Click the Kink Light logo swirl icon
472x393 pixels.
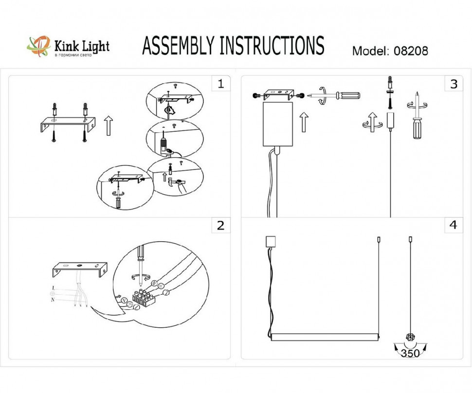pyautogui.click(x=38, y=46)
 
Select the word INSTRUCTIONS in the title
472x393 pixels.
pyautogui.click(x=272, y=46)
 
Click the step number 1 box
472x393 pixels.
pyautogui.click(x=220, y=84)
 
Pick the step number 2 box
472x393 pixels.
pyautogui.click(x=220, y=225)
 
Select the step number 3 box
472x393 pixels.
pyautogui.click(x=454, y=84)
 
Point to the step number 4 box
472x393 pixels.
pyautogui.click(x=454, y=225)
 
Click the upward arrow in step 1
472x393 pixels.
pyautogui.click(x=108, y=125)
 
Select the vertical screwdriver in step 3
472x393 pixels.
pyautogui.click(x=417, y=119)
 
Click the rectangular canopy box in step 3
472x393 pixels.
pyautogui.click(x=277, y=124)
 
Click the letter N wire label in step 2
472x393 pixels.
pyautogui.click(x=53, y=300)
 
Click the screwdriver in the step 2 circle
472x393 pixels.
pyautogui.click(x=140, y=261)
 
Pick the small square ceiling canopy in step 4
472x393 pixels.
pyautogui.click(x=270, y=242)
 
